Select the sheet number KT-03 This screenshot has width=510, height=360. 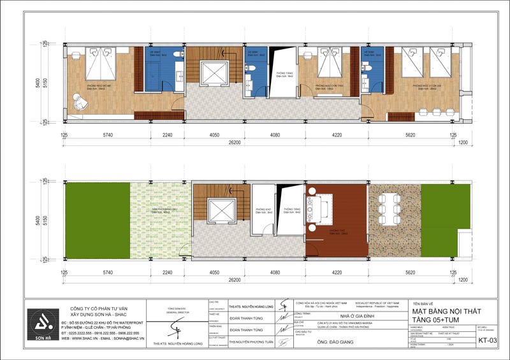(488, 341)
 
